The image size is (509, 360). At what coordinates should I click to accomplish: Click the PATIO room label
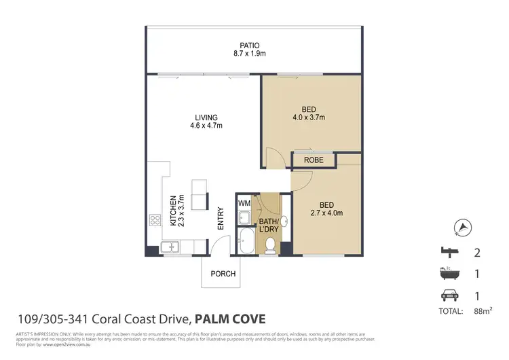(x=255, y=47)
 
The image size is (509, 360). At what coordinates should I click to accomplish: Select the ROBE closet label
(x=313, y=160)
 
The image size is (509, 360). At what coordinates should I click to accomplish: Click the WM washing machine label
(x=244, y=202)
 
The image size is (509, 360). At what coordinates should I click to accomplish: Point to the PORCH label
(x=223, y=274)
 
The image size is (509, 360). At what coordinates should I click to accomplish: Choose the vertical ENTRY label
(x=220, y=218)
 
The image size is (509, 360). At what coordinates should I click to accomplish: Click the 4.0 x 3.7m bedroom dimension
(x=309, y=118)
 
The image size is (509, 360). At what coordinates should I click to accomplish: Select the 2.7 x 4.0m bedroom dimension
(x=328, y=213)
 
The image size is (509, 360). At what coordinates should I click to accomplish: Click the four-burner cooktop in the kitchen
(x=154, y=220)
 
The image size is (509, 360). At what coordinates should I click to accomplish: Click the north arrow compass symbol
(x=464, y=227)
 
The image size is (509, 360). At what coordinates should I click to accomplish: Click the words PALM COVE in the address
(x=230, y=318)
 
